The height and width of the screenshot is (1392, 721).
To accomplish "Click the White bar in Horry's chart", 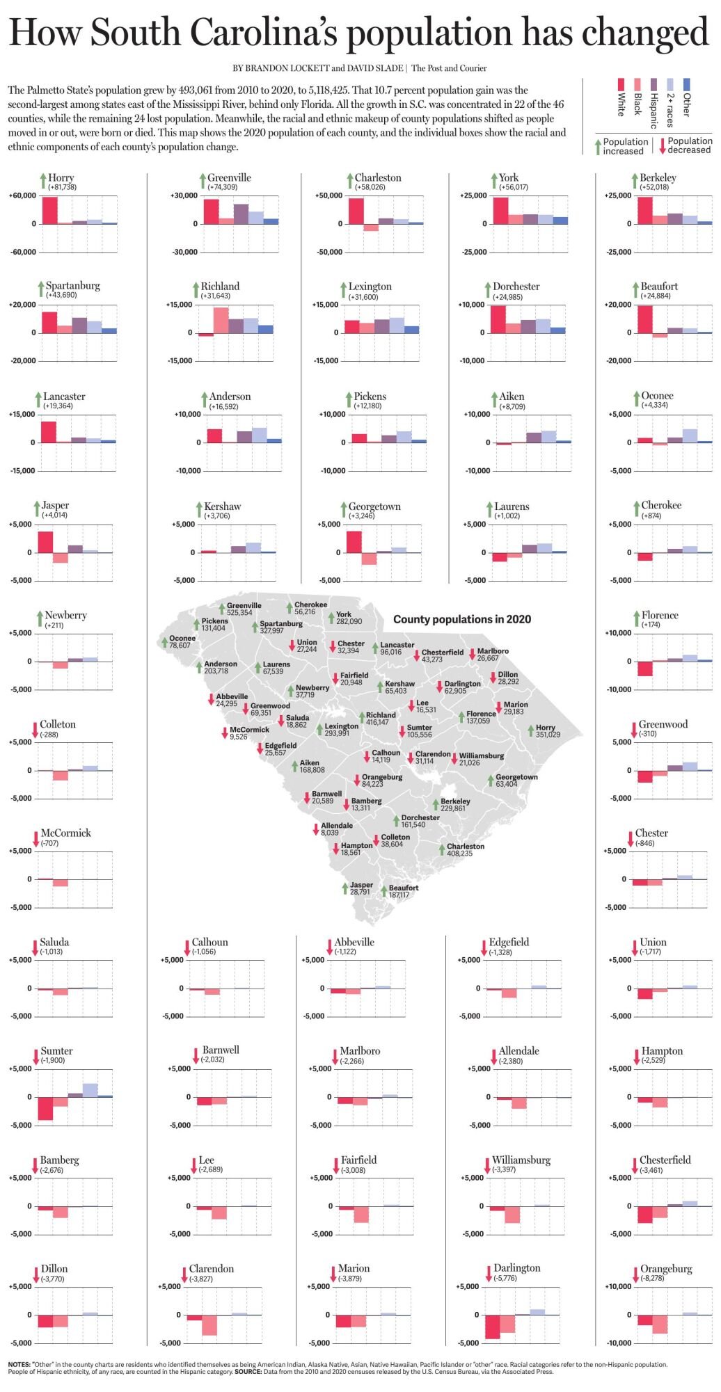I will point(49,210).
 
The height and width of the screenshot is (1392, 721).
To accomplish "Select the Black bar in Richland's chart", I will point(221,321).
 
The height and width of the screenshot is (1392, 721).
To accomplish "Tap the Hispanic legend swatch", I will point(653,84).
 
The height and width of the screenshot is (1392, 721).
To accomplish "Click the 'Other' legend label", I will point(687,104).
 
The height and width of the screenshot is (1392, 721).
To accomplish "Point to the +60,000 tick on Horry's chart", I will point(22,196).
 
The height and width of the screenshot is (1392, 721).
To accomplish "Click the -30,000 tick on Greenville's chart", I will point(184,252).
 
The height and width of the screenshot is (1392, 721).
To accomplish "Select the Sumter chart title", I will point(56,1051).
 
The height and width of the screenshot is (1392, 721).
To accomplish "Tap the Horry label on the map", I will point(546,728).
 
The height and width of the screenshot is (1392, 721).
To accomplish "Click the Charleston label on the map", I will point(465,847).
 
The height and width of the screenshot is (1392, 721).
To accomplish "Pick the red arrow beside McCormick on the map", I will point(224,733).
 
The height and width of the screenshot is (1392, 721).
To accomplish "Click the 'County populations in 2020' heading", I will point(461,619).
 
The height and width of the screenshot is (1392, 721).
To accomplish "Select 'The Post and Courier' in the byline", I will point(449,68).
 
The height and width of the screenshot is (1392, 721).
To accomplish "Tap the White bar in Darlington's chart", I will point(493,1327).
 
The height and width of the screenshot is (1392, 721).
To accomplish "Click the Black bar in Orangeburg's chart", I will point(660,1324).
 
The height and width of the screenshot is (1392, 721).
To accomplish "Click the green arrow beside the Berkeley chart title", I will point(635,182).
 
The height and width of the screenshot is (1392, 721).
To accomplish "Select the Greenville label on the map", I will point(244,606).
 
